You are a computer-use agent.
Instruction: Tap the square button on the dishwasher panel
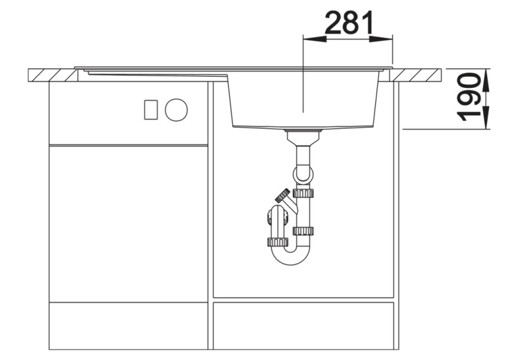pyautogui.click(x=151, y=110)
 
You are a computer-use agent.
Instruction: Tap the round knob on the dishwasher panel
pyautogui.click(x=176, y=110)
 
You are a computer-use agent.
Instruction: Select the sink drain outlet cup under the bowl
pyautogui.click(x=303, y=136)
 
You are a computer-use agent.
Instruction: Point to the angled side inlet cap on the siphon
pyautogui.click(x=282, y=195)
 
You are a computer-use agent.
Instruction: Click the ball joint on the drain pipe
pyautogui.click(x=302, y=175)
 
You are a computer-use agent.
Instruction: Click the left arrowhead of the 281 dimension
pyautogui.click(x=308, y=39)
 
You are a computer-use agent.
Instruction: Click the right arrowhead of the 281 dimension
pyautogui.click(x=388, y=39)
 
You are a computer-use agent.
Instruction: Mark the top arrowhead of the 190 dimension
pyautogui.click(x=486, y=73)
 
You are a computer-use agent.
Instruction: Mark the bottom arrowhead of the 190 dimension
pyautogui.click(x=486, y=125)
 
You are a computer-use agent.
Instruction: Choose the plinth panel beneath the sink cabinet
pyautogui.click(x=303, y=326)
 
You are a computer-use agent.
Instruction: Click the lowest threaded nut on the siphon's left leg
pyautogui.click(x=277, y=242)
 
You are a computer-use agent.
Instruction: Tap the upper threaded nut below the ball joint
pyautogui.click(x=303, y=193)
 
